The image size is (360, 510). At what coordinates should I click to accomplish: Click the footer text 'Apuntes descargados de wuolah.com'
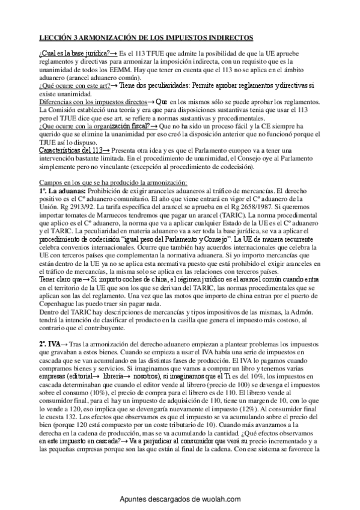[x=180, y=499]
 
